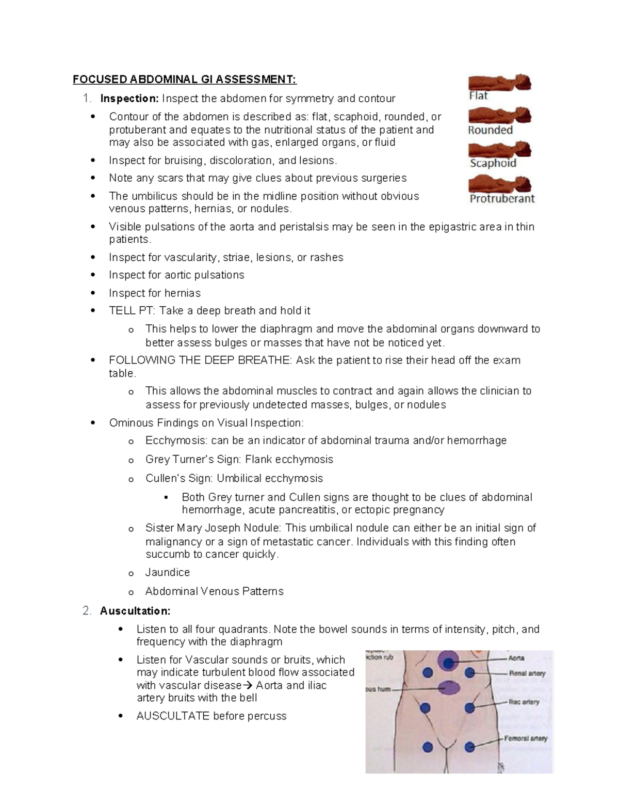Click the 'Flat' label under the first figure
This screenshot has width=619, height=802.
pos(478,96)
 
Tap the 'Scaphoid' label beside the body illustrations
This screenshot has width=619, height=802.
pos(493,163)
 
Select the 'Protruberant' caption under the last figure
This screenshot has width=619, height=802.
pos(502,198)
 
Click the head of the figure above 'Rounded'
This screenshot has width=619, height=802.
pos(524,114)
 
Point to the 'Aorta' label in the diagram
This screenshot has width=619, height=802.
pos(516,658)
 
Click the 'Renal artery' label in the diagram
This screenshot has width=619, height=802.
pos(527,673)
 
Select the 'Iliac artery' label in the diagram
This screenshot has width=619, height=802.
pos(524,702)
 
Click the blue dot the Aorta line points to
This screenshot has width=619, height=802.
pos(448,663)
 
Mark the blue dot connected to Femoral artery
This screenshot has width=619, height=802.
pos(469,747)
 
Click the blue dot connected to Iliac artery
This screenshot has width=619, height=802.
pos(470,708)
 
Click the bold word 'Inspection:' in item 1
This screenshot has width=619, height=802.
pos(129,99)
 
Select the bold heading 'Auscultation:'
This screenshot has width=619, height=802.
pos(135,611)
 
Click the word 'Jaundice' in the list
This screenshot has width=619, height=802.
pos(168,572)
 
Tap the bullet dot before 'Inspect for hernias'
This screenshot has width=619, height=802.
pos(93,293)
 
